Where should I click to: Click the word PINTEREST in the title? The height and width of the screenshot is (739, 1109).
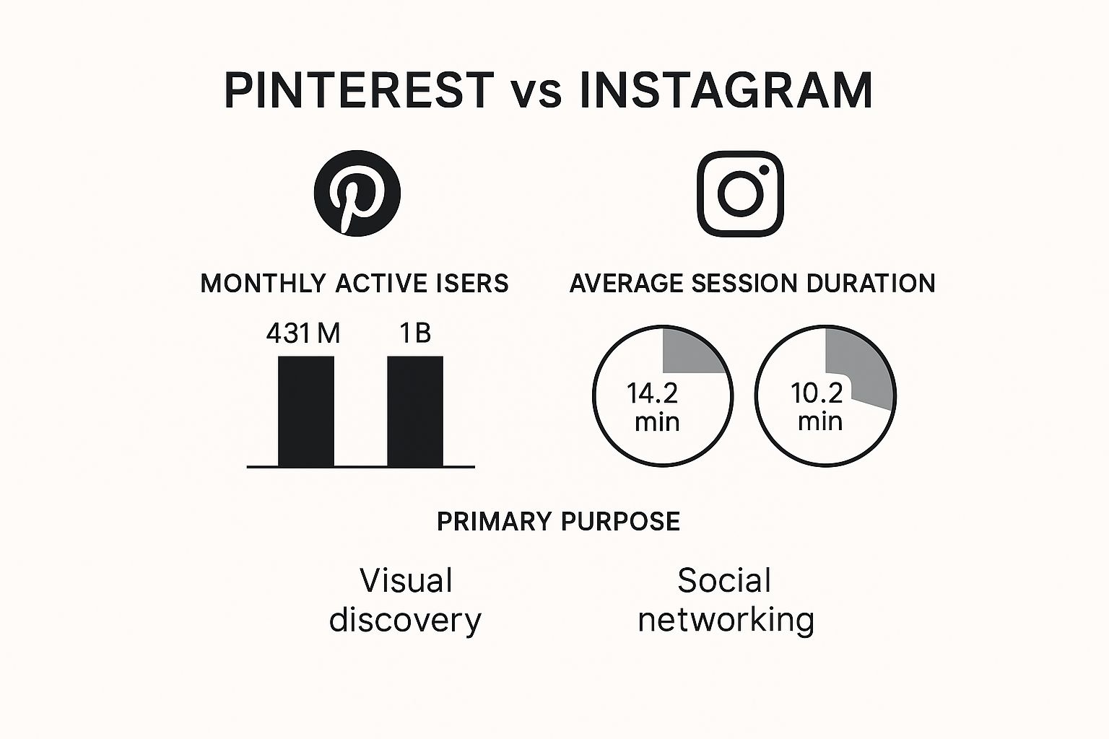(x=359, y=90)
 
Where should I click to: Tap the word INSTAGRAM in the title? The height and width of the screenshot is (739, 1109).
(x=726, y=90)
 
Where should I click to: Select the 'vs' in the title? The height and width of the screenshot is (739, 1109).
(x=536, y=95)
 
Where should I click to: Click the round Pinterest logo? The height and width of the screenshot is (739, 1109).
(x=357, y=193)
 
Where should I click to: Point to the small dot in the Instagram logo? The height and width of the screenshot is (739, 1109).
(x=764, y=170)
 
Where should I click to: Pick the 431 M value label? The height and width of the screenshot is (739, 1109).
(x=303, y=333)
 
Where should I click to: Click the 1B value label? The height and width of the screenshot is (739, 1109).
(x=415, y=333)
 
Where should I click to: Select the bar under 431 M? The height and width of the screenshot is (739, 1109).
(x=306, y=411)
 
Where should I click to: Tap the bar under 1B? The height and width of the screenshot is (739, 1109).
(x=415, y=411)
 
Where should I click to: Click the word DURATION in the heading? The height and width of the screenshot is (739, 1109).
(x=871, y=283)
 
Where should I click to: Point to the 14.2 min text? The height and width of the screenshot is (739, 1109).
(x=653, y=407)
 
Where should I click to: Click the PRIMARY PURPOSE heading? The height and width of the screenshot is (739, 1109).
(x=558, y=521)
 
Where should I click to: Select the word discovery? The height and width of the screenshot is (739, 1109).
(x=405, y=620)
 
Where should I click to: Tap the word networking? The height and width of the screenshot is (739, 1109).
(x=726, y=620)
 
